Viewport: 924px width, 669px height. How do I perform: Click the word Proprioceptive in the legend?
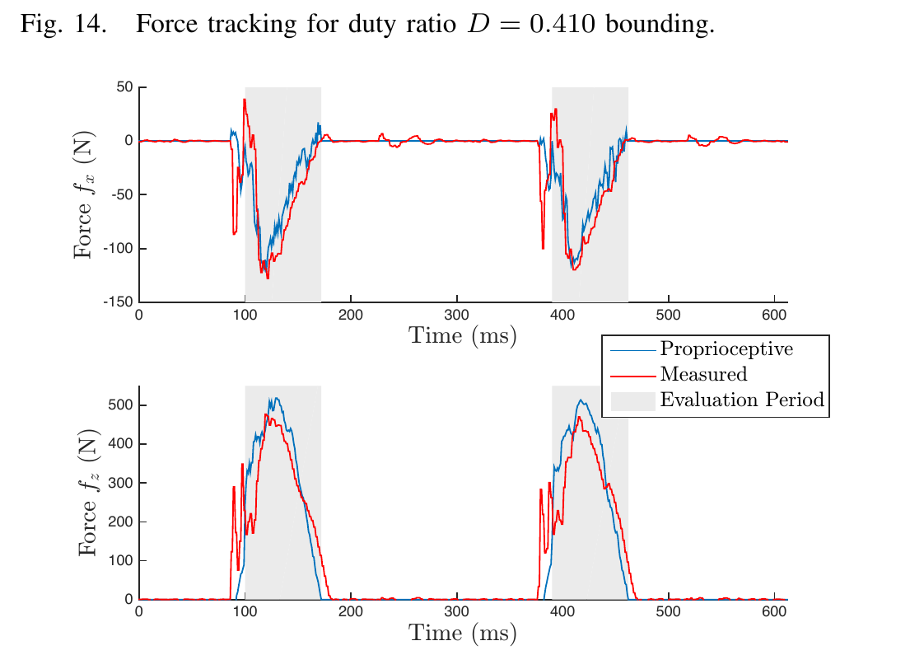tap(726, 349)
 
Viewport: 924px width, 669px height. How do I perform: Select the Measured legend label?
tap(703, 374)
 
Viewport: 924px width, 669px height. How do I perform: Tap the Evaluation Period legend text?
tap(742, 400)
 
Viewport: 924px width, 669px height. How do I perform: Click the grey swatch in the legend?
tap(633, 400)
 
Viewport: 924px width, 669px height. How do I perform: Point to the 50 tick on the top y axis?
tap(124, 87)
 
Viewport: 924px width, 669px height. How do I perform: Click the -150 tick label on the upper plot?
tap(118, 302)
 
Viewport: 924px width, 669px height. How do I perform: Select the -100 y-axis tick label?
tap(118, 248)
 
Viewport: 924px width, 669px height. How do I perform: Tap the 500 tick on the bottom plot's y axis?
tap(121, 405)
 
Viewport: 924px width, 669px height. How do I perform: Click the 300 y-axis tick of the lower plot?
tap(121, 483)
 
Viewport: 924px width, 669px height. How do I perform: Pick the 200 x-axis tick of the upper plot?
tap(351, 315)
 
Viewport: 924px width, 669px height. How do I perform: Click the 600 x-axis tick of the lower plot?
tap(774, 611)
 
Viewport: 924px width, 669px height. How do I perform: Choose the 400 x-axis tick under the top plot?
tap(562, 315)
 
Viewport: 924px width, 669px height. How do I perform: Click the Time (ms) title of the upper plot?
tap(463, 335)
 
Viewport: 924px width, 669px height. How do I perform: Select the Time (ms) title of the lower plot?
tap(463, 633)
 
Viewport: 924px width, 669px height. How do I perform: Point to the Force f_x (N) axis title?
tap(84, 194)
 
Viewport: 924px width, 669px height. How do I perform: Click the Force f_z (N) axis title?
tap(88, 492)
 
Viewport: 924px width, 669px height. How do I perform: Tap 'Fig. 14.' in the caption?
tap(63, 24)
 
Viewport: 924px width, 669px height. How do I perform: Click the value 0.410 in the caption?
tap(562, 24)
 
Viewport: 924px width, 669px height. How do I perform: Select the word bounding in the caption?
tap(660, 24)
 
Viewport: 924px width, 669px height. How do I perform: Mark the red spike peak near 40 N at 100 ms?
tap(245, 99)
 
